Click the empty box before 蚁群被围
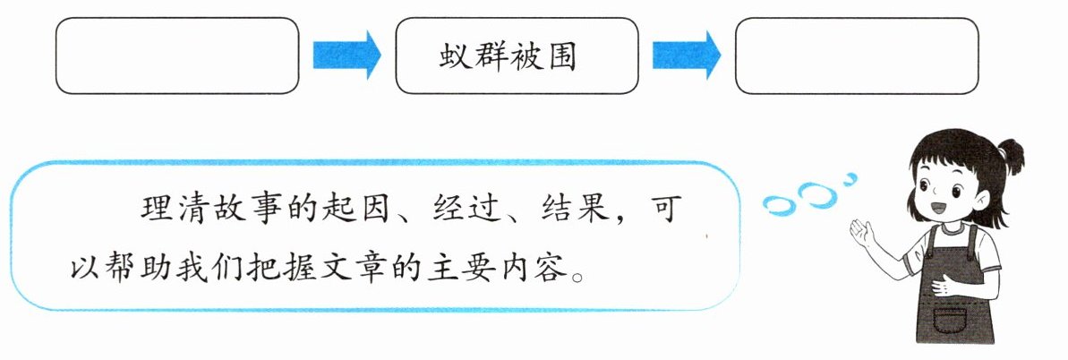click(176, 56)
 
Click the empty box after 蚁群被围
click(856, 56)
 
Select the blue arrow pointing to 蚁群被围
click(346, 56)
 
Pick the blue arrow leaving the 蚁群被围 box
click(687, 56)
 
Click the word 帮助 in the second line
click(134, 267)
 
